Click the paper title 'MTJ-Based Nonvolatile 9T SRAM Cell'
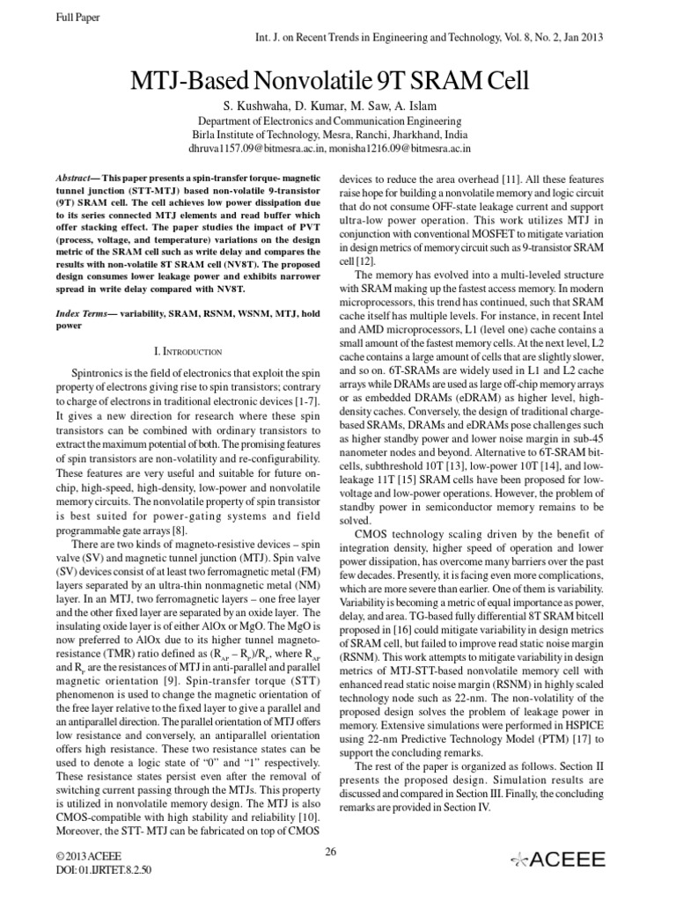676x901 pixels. pyautogui.click(x=339, y=82)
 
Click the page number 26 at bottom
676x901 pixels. pyautogui.click(x=331, y=850)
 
